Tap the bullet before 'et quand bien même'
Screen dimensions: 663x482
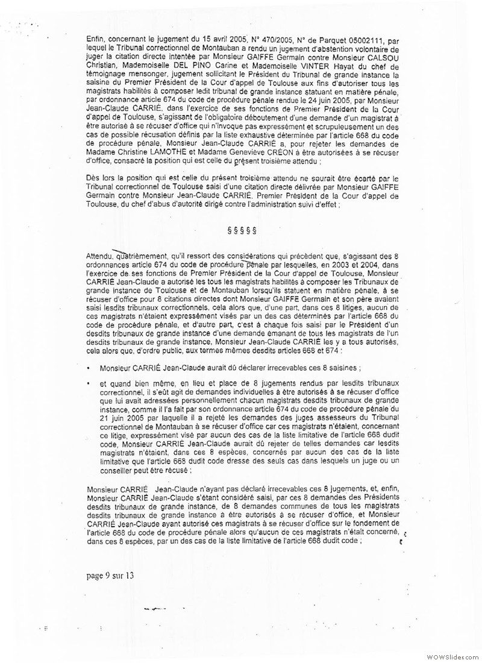pyautogui.click(x=89, y=383)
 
